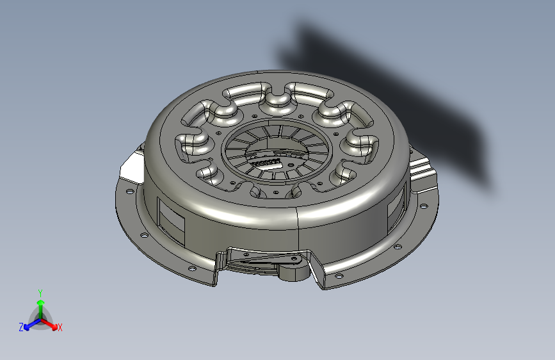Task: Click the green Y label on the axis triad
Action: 40,293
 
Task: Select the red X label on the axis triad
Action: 60,328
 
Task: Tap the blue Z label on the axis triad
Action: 21,327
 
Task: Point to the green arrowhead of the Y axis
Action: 41,303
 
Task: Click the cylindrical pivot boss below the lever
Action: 293,272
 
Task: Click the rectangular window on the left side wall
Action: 172,222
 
